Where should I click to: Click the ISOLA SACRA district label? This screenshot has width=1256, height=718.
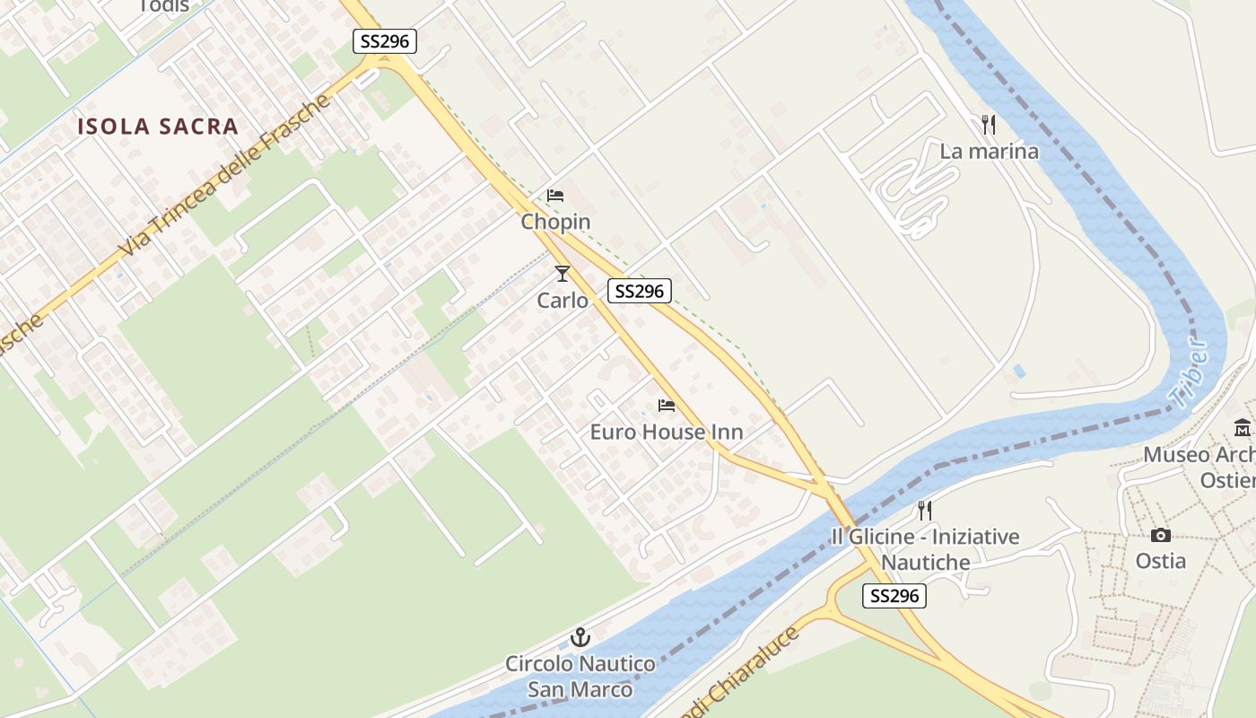pyautogui.click(x=158, y=127)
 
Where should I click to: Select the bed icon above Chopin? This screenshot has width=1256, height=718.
pyautogui.click(x=555, y=196)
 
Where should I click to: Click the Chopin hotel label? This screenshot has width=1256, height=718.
pyautogui.click(x=556, y=222)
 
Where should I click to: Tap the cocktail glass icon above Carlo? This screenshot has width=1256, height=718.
pyautogui.click(x=563, y=273)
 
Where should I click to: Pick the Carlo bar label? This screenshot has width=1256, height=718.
pyautogui.click(x=563, y=301)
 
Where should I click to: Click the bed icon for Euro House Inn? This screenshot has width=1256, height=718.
pyautogui.click(x=667, y=406)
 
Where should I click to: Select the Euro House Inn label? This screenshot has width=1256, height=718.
pyautogui.click(x=667, y=433)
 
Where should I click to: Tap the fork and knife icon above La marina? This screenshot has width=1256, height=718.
pyautogui.click(x=989, y=125)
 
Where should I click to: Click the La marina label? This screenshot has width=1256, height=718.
pyautogui.click(x=989, y=152)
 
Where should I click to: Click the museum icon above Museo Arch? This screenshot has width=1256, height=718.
pyautogui.click(x=1243, y=427)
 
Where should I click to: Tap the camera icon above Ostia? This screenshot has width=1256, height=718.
pyautogui.click(x=1161, y=535)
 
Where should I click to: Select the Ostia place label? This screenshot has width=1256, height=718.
pyautogui.click(x=1161, y=562)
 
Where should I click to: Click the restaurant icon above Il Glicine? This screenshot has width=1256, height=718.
pyautogui.click(x=925, y=511)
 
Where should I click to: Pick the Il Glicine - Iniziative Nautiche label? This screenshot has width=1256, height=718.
pyautogui.click(x=925, y=549)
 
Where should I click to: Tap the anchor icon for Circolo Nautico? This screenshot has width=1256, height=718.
pyautogui.click(x=580, y=638)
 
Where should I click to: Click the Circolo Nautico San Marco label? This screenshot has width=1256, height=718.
pyautogui.click(x=580, y=677)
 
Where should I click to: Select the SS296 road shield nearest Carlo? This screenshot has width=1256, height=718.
pyautogui.click(x=640, y=291)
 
